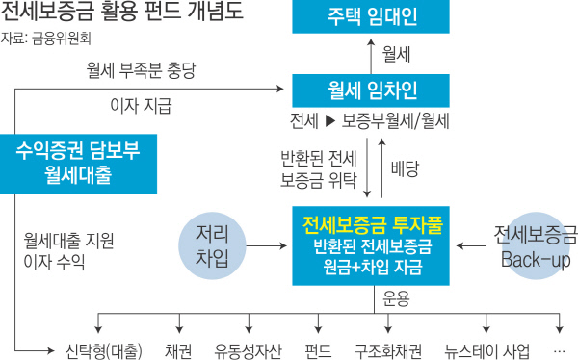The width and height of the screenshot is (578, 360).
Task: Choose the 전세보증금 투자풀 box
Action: (372, 244)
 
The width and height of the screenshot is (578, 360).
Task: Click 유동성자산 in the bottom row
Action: (248, 348)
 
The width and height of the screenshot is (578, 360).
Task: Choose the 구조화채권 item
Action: (389, 348)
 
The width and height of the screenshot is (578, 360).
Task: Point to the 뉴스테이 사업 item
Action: (483, 348)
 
